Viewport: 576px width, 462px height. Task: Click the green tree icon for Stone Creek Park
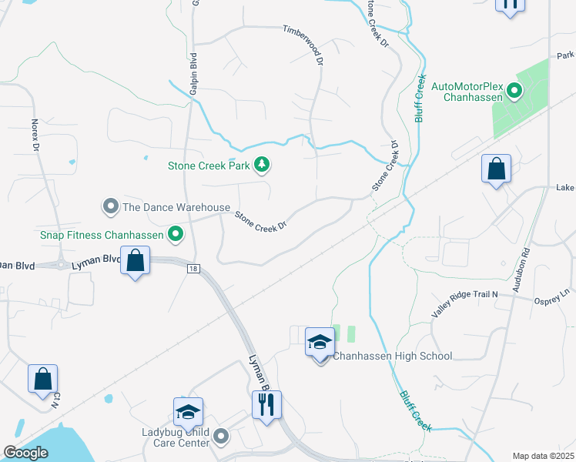pyautogui.click(x=263, y=164)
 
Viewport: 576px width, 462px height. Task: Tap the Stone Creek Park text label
pyautogui.click(x=211, y=165)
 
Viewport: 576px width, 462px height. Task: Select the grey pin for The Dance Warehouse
pyautogui.click(x=111, y=206)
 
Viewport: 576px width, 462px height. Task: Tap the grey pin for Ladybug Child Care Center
pyautogui.click(x=221, y=437)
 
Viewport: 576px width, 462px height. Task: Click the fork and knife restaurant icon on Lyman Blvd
pyautogui.click(x=266, y=405)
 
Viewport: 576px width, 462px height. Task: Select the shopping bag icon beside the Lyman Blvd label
pyautogui.click(x=136, y=261)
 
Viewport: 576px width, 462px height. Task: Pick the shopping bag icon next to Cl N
pyautogui.click(x=42, y=379)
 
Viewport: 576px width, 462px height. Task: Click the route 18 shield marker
pyautogui.click(x=192, y=267)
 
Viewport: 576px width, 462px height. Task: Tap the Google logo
pyautogui.click(x=26, y=453)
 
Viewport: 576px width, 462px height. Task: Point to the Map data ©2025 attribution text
pyautogui.click(x=542, y=456)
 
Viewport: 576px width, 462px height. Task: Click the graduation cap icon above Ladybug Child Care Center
pyautogui.click(x=188, y=413)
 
